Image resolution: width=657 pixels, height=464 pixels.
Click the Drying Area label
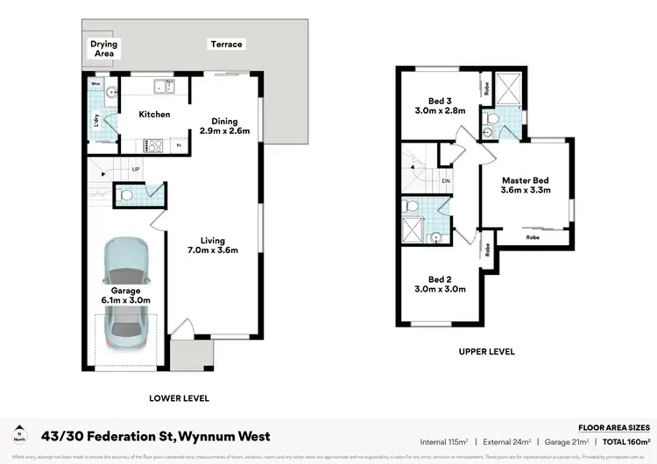(x=104, y=49)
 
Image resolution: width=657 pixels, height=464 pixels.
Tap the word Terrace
(x=225, y=45)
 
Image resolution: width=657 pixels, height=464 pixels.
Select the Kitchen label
(x=154, y=115)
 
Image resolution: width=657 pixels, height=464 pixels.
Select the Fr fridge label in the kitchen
(x=179, y=146)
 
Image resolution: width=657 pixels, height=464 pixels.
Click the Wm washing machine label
(x=95, y=85)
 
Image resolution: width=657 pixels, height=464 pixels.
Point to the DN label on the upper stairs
(x=445, y=181)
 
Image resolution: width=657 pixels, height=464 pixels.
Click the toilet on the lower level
(x=125, y=194)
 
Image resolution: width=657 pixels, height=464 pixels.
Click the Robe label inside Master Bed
(x=532, y=237)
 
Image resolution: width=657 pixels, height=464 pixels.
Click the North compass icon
(x=19, y=435)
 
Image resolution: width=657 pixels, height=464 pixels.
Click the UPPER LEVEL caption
(x=485, y=352)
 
